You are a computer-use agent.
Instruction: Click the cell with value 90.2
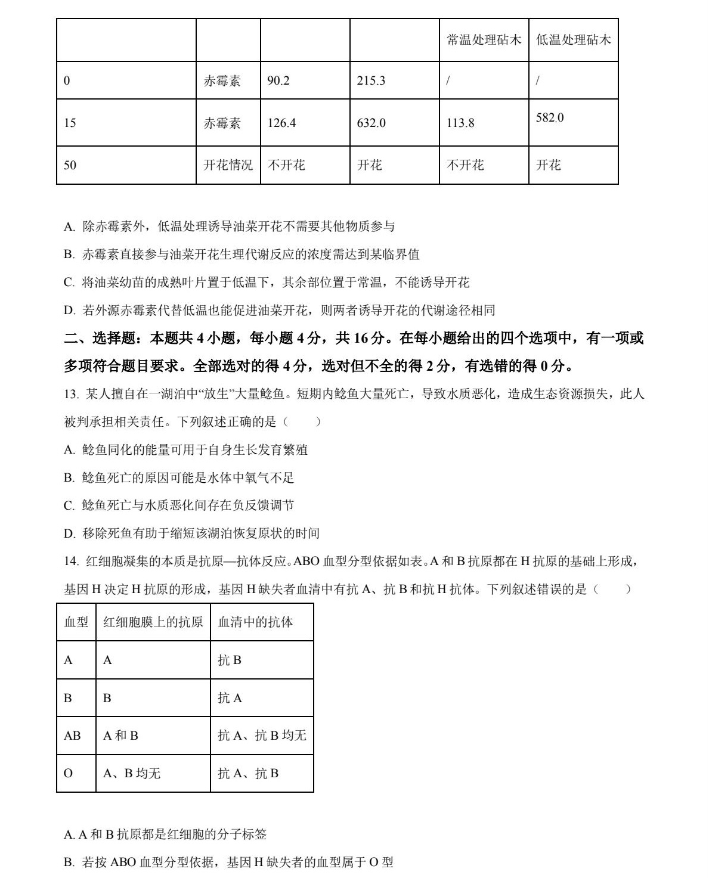coord(278,80)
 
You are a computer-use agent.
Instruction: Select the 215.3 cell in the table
coord(371,80)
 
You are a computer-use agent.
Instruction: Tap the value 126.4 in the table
coord(281,123)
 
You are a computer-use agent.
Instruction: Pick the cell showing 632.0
coord(371,123)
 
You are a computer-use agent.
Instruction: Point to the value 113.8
coord(460,123)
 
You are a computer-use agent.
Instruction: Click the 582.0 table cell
coord(550,118)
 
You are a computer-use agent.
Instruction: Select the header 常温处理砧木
coord(484,40)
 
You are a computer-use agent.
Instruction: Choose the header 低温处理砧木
coord(573,40)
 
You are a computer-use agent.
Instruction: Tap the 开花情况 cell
coord(228,165)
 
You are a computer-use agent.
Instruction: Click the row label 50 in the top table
coord(70,165)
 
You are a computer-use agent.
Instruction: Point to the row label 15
coord(70,123)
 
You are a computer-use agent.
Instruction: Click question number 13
coord(70,394)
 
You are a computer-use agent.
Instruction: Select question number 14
coord(70,561)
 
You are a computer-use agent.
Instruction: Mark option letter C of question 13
coord(69,505)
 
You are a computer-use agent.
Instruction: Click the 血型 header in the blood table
coord(76,622)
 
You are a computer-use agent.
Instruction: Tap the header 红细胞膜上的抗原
coord(153,622)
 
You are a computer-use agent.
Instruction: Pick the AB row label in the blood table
coord(72,736)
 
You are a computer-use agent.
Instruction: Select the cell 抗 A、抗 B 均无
coord(262,736)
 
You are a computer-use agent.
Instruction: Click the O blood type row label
coord(68,774)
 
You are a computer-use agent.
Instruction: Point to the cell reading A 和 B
coord(120,736)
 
